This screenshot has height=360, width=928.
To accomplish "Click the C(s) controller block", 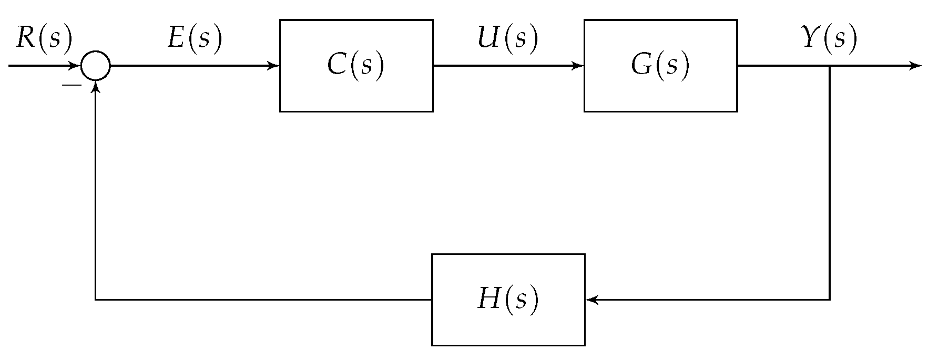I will pyautogui.click(x=356, y=66).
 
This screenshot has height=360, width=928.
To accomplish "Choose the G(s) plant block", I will pyautogui.click(x=660, y=66).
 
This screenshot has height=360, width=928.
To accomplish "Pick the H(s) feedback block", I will pyautogui.click(x=508, y=300).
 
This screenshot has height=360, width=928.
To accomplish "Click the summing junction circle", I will pyautogui.click(x=95, y=66).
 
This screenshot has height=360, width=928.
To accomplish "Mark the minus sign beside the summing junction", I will pyautogui.click(x=72, y=85).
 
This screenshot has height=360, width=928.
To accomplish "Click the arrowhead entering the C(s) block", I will pyautogui.click(x=274, y=66).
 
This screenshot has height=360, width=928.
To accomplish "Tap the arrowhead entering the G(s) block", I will pyautogui.click(x=578, y=66).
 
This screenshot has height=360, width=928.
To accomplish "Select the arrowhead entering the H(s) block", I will pyautogui.click(x=592, y=300).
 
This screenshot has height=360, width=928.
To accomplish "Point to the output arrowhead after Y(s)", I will pyautogui.click(x=916, y=66).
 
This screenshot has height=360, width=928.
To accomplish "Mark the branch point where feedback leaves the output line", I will pyautogui.click(x=830, y=66).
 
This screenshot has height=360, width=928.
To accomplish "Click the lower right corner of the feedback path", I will pyautogui.click(x=830, y=300).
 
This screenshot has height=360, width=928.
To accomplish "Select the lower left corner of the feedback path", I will pyautogui.click(x=95, y=300).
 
